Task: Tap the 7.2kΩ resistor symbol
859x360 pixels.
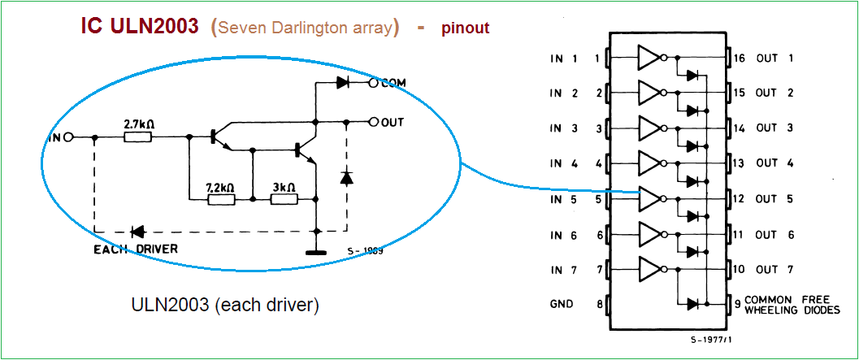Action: pyautogui.click(x=221, y=199)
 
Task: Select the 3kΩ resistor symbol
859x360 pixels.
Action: pyautogui.click(x=284, y=199)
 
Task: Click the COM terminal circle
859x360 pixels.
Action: pyautogui.click(x=374, y=83)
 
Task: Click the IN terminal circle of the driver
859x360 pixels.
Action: pyautogui.click(x=68, y=137)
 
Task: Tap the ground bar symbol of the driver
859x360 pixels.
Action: pyautogui.click(x=315, y=253)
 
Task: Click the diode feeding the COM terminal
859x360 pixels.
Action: pyautogui.click(x=343, y=83)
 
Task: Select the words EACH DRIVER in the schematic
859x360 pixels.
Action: pyautogui.click(x=137, y=249)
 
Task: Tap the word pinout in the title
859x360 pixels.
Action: pyautogui.click(x=466, y=28)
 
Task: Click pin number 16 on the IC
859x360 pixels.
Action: pyautogui.click(x=740, y=58)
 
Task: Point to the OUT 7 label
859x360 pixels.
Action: pyautogui.click(x=774, y=270)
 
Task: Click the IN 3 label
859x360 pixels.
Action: pyautogui.click(x=565, y=128)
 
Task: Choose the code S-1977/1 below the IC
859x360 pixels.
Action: pyautogui.click(x=711, y=340)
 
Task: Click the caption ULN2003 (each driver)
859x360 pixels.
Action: pyautogui.click(x=225, y=305)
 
